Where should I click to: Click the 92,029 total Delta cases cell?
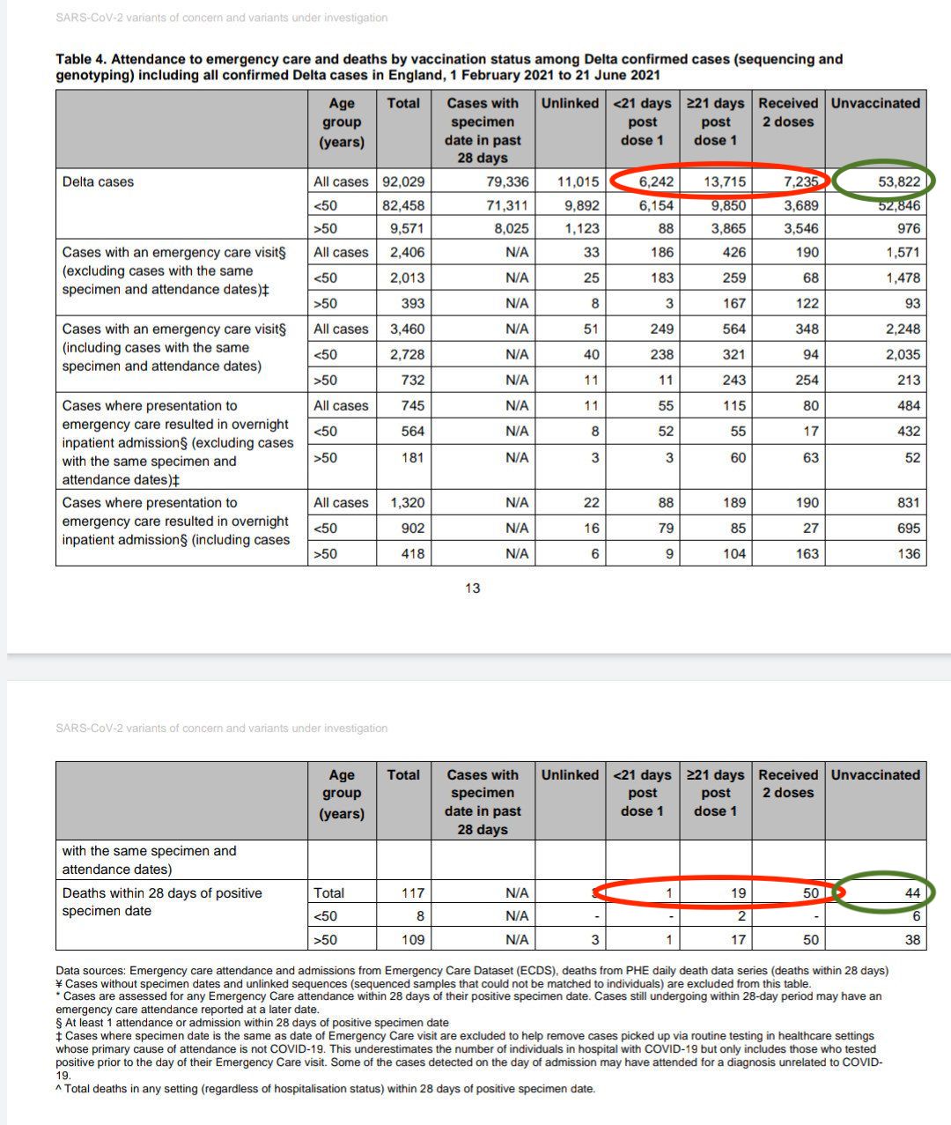pyautogui.click(x=403, y=181)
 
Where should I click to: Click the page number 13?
pyautogui.click(x=473, y=588)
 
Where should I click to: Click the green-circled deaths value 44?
pyautogui.click(x=912, y=892)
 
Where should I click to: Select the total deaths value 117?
pyautogui.click(x=412, y=892)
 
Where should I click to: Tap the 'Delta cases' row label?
pyautogui.click(x=99, y=181)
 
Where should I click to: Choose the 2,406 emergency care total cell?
pyautogui.click(x=407, y=252)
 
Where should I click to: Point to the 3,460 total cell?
pyautogui.click(x=407, y=329)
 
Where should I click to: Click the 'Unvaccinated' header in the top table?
pyautogui.click(x=875, y=103)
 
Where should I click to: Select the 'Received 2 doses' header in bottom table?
pyautogui.click(x=788, y=783)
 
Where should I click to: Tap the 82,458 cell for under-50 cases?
pyautogui.click(x=403, y=205)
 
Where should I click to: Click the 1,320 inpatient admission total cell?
pyautogui.click(x=407, y=502)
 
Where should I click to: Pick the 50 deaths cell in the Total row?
pyautogui.click(x=810, y=892)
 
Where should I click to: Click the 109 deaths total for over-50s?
pyautogui.click(x=412, y=939)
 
